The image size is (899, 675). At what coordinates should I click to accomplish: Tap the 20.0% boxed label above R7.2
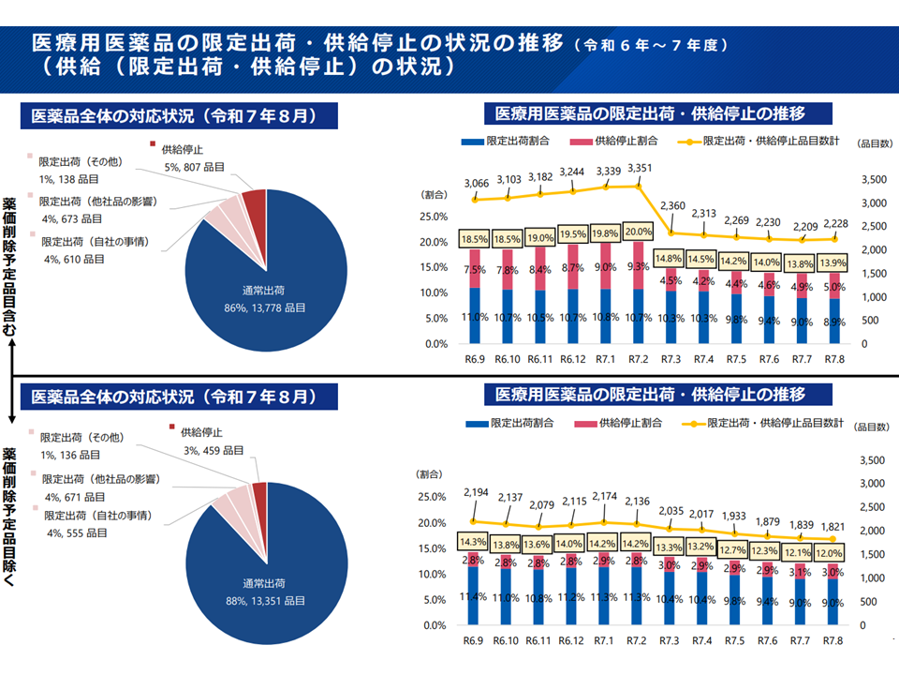pos(640,232)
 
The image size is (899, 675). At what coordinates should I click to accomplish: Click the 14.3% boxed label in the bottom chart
pos(474,541)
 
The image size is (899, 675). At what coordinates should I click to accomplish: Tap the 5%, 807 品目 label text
pos(194,167)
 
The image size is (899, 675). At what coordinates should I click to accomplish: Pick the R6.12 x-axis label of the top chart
pos(573,359)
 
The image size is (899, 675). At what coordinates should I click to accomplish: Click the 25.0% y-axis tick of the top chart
pos(435,217)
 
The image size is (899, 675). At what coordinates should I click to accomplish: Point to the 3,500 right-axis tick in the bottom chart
pos(871,460)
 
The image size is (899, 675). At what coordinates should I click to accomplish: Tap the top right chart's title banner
pos(657,114)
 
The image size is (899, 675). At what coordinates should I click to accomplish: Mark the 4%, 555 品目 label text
pos(74,532)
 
